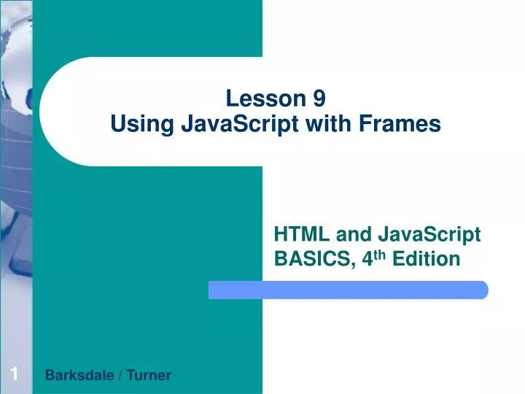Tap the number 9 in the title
coord(319,98)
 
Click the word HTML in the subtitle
coord(297,234)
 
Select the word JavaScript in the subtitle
coord(429,234)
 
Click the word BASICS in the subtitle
coord(310,259)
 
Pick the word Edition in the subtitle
coord(427,259)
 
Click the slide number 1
coord(14,375)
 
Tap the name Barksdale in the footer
coord(80,376)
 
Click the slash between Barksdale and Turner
coord(120,376)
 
